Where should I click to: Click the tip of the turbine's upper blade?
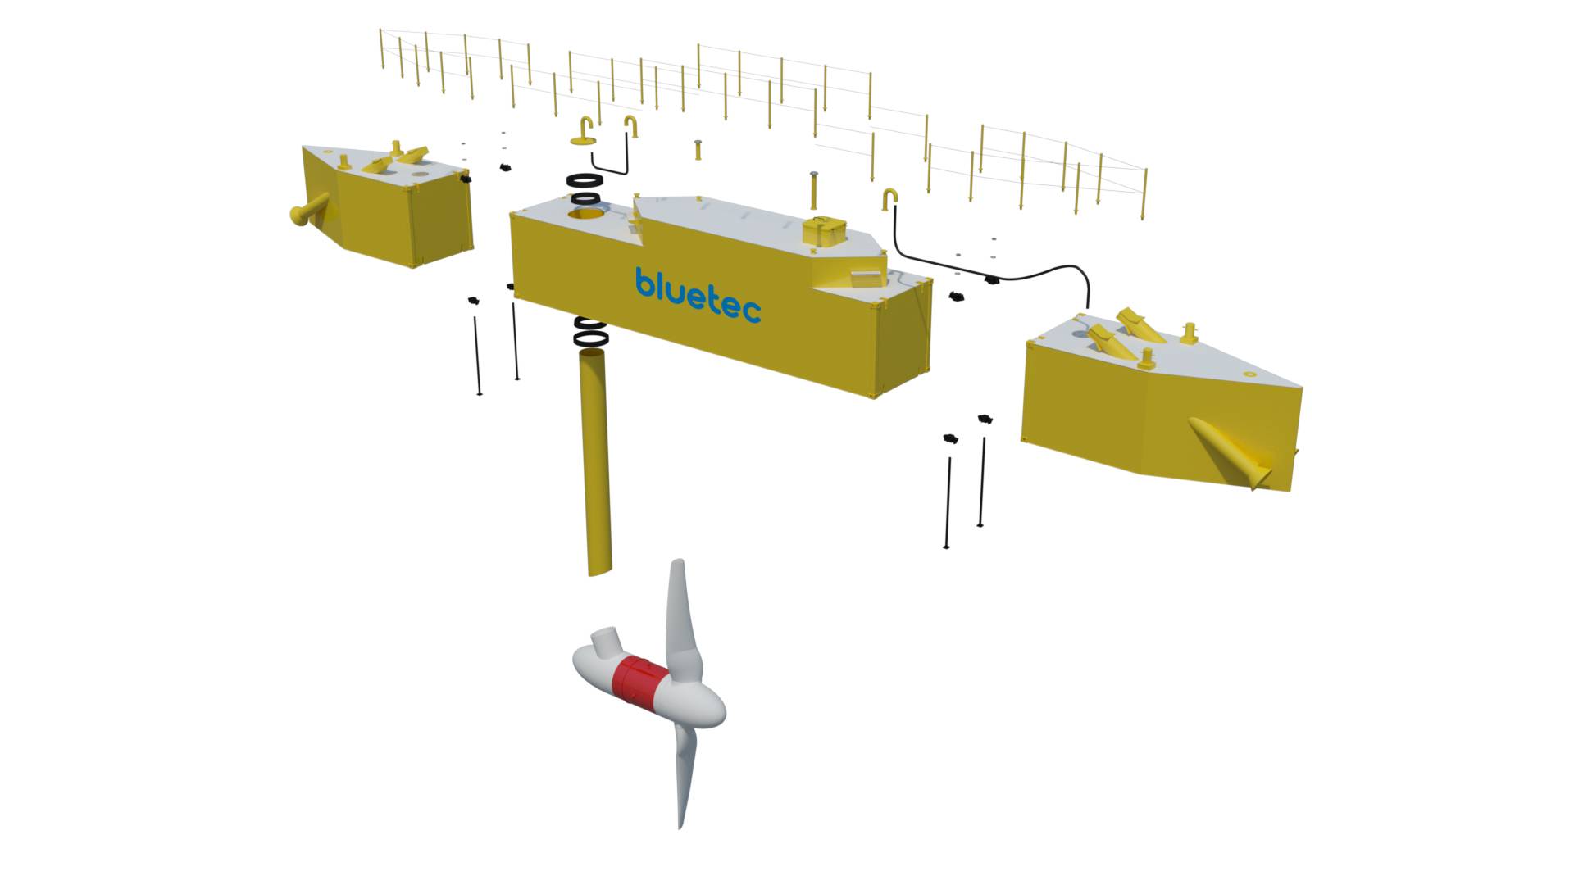[677, 561]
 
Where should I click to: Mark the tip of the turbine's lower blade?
[680, 828]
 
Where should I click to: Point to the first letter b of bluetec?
[644, 281]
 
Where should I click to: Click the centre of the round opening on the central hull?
[586, 215]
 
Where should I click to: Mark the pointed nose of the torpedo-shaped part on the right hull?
[1191, 421]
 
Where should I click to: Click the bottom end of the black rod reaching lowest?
[947, 547]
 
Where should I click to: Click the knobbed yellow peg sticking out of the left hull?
[309, 208]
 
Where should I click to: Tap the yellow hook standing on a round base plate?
[585, 132]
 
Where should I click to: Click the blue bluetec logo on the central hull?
[698, 295]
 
